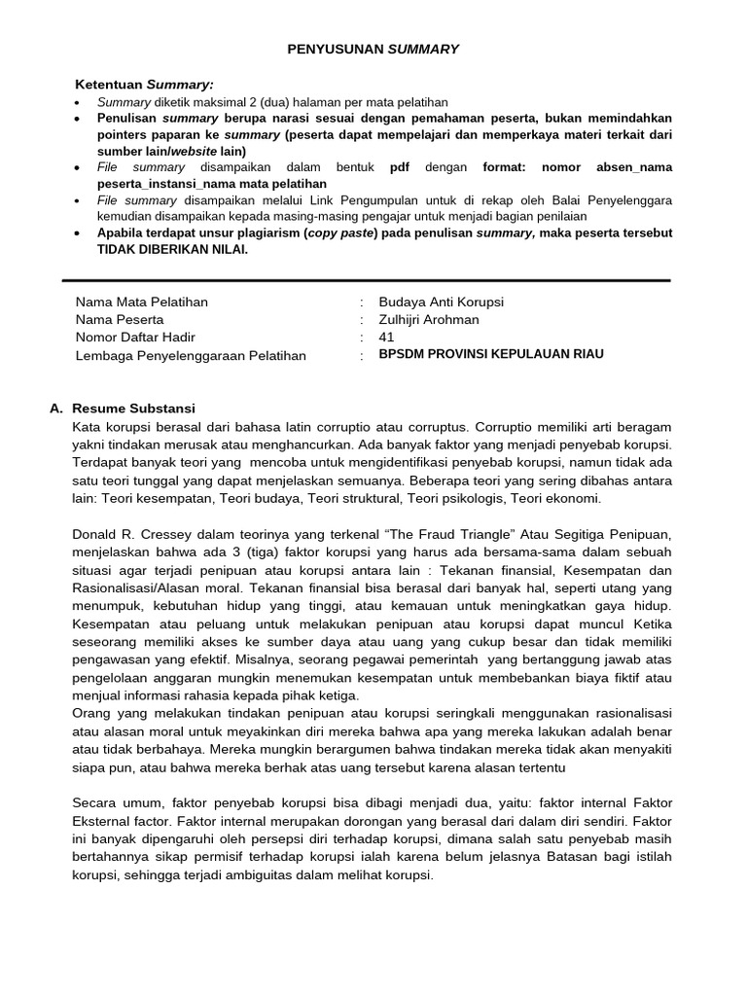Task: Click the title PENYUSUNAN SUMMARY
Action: [x=374, y=49]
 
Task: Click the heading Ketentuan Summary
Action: [x=144, y=86]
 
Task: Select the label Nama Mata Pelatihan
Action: [x=141, y=302]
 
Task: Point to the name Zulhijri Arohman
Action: [x=429, y=319]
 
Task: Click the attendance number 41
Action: [x=387, y=337]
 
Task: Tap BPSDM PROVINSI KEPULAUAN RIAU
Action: [x=491, y=354]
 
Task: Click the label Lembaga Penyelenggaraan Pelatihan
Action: [x=191, y=355]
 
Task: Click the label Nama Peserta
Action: [x=120, y=319]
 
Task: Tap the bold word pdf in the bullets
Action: [x=400, y=167]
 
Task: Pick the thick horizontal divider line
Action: [x=366, y=280]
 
